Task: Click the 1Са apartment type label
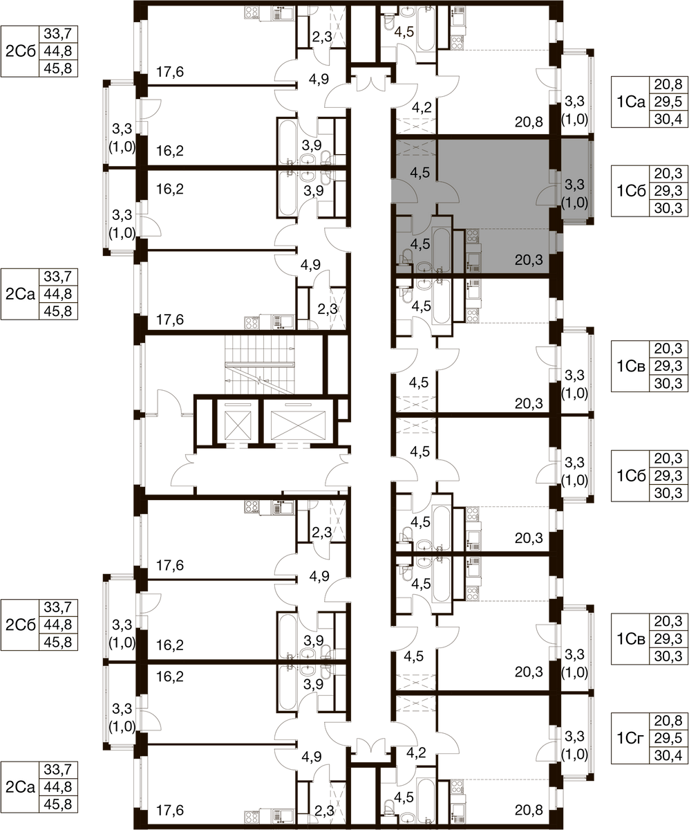pos(631,102)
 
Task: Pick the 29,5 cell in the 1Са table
pos(668,102)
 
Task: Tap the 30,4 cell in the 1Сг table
pos(668,755)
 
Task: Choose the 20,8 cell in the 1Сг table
pos(668,720)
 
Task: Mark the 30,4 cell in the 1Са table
pos(668,119)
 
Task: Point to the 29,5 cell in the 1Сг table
pos(668,738)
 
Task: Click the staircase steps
pos(260,365)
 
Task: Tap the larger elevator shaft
pos(298,421)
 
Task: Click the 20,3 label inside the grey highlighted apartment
pos(529,260)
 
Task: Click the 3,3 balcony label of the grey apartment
pos(574,185)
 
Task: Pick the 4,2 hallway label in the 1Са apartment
pos(422,107)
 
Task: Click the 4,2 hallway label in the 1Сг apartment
pos(416,753)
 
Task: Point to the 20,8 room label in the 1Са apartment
pos(529,122)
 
